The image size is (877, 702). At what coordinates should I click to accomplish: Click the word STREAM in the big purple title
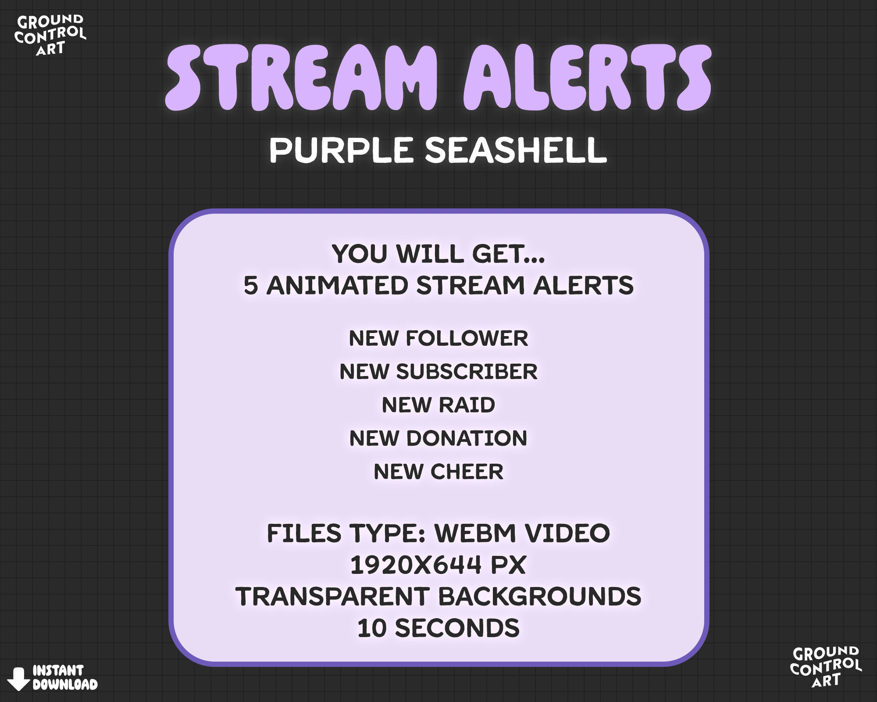coord(302,78)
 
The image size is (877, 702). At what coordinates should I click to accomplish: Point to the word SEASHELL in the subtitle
coord(516,150)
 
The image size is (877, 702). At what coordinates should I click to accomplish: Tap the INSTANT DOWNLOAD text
coord(64,677)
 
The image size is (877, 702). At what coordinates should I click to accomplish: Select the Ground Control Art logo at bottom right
coord(825,666)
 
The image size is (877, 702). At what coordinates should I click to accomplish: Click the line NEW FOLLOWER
coord(438,338)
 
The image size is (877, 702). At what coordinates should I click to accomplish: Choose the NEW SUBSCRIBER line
coord(438,372)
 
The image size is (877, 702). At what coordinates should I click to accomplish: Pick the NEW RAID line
coord(438,405)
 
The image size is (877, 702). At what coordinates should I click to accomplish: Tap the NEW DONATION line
coord(438,438)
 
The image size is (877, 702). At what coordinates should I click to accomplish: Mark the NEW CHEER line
coord(438,472)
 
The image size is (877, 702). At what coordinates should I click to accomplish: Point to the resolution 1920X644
coord(414,565)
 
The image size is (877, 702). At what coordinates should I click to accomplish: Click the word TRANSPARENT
coord(332,597)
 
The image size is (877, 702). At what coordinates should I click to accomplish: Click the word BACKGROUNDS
coord(540,597)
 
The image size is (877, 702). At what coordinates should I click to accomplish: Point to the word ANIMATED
coord(337,286)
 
